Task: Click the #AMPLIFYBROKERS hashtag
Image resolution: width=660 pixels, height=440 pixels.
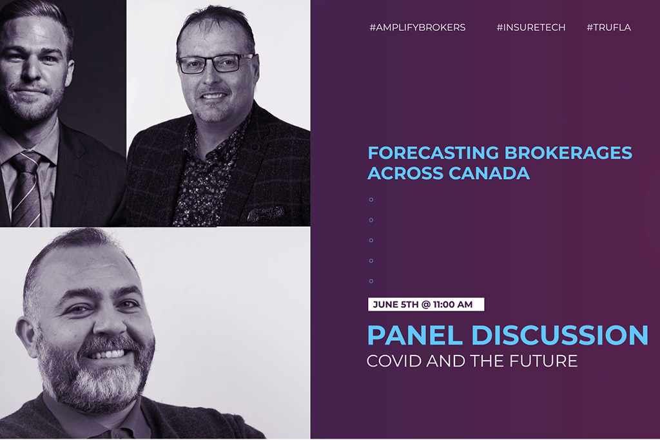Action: click(x=417, y=28)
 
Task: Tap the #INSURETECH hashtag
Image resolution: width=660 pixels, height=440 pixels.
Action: click(x=531, y=28)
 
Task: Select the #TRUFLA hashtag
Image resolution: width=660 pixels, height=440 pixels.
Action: click(x=608, y=28)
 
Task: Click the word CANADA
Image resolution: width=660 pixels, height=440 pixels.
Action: click(x=489, y=173)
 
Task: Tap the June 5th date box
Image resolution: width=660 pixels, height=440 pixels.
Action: click(x=426, y=305)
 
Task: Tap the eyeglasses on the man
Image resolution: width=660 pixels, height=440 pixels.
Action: click(x=215, y=64)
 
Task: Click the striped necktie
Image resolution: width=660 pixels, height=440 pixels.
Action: click(x=26, y=189)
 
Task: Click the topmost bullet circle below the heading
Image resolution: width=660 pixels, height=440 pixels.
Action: click(x=371, y=200)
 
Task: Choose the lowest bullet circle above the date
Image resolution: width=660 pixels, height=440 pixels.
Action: click(x=371, y=281)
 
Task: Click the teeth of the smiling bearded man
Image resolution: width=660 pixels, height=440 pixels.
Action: click(x=108, y=354)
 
